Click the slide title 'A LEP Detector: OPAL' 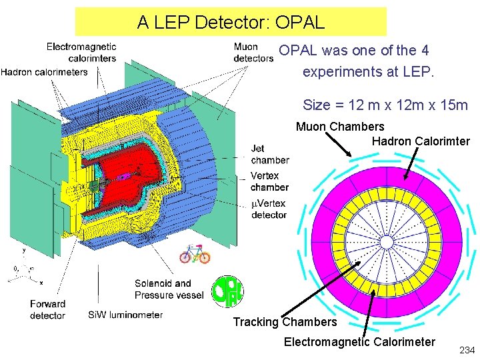pos(231,23)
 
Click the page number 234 pos(467,349)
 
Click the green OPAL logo pos(227,291)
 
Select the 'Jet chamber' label pos(269,154)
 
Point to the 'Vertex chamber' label pos(269,181)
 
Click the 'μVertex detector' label pos(269,209)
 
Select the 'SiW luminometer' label pos(125,315)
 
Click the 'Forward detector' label pos(47,309)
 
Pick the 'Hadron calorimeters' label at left pos(45,72)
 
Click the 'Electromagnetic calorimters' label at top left pos(81,52)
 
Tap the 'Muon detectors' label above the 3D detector pos(253,53)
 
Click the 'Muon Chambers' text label pos(340,127)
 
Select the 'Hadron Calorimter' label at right pos(421,141)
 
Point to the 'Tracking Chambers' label pos(285,323)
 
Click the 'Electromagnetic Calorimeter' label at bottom pos(359,343)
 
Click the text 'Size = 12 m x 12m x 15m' pos(385,105)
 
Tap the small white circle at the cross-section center pos(387,240)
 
